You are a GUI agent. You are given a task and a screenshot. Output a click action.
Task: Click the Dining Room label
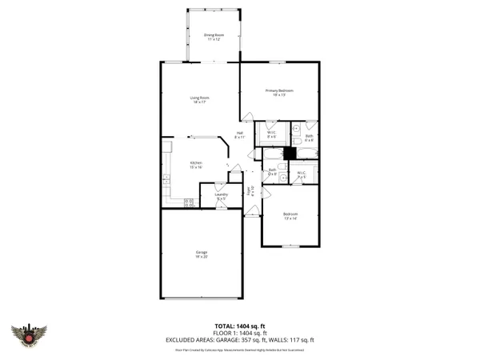coord(213,37)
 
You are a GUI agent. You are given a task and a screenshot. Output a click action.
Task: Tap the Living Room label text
coord(200,100)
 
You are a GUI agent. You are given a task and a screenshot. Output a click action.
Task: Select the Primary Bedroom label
coord(280,93)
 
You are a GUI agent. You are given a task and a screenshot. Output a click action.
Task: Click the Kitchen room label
coord(196,165)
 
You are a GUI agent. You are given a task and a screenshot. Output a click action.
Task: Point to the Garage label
coord(202,255)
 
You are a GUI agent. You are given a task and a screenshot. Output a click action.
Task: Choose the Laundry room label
coord(222,195)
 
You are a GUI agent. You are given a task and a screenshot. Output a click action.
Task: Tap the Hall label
coord(240,135)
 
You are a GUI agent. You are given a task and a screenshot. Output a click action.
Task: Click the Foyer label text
coord(252,191)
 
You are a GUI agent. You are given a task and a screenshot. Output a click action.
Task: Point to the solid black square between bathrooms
coord(290,153)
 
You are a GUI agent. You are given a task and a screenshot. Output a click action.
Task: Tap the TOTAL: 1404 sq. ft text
coord(240,326)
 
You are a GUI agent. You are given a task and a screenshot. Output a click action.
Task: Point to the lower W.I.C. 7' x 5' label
coord(302,174)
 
